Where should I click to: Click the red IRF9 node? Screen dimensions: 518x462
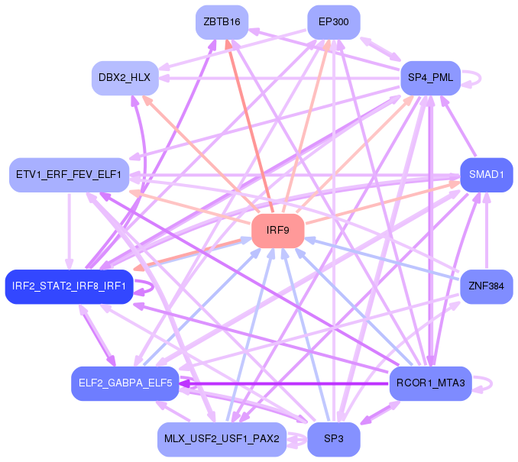(278, 231)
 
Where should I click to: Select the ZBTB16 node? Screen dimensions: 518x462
(222, 22)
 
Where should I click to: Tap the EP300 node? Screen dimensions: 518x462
(334, 22)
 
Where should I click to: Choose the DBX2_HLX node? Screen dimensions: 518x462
(125, 78)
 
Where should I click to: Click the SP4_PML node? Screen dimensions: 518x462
(430, 78)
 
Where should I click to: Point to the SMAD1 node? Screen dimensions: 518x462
(487, 175)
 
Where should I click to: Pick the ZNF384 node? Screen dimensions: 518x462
(487, 286)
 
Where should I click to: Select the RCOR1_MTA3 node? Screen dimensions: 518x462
(430, 383)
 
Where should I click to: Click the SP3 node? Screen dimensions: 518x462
(334, 439)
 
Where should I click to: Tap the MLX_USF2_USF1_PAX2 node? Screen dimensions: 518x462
(222, 439)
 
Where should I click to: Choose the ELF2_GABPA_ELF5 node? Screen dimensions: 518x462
(125, 383)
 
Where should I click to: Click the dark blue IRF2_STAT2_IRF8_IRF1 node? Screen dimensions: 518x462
(69, 286)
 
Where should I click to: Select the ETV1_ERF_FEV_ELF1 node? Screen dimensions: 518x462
(69, 175)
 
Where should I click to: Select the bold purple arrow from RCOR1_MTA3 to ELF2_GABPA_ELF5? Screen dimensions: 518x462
(284, 384)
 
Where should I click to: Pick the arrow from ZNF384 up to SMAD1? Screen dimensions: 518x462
(487, 231)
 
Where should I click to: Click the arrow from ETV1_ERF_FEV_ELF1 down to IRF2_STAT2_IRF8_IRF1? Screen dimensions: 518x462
(69, 231)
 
